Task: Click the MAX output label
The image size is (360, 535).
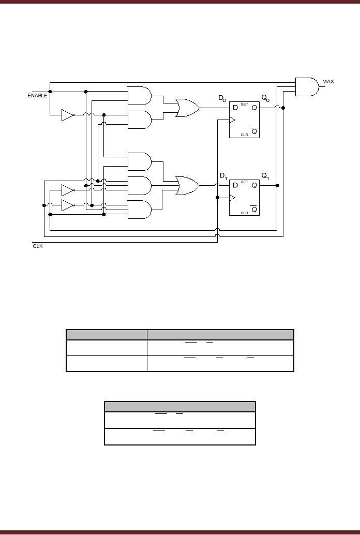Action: point(328,82)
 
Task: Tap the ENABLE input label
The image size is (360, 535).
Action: point(37,96)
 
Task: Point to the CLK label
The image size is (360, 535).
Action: point(38,246)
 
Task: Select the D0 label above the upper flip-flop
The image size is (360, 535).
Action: point(222,98)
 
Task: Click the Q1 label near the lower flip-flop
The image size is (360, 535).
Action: point(265,176)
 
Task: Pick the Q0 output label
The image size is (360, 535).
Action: point(265,98)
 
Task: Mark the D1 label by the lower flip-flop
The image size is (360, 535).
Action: point(223,176)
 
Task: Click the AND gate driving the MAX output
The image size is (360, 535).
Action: point(306,87)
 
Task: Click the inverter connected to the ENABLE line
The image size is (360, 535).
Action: point(67,115)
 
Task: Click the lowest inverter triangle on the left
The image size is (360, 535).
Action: point(67,205)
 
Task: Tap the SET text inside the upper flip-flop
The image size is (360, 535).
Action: point(244,104)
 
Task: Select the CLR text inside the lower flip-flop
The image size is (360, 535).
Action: point(244,213)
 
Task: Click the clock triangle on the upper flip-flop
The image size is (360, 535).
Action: point(232,120)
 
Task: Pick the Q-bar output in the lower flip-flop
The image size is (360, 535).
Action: point(254,210)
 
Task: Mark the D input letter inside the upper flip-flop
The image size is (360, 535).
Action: point(234,108)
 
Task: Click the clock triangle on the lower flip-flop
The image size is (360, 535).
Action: point(232,198)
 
